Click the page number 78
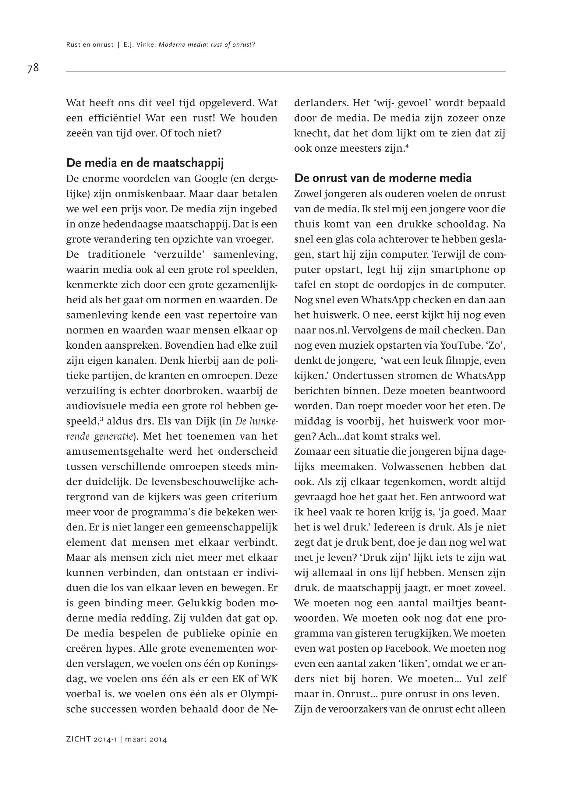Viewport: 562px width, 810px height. click(33, 68)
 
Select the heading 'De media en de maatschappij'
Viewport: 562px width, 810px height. click(145, 163)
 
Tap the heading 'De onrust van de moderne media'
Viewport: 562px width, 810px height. click(383, 178)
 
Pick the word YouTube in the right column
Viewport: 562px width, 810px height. click(457, 346)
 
